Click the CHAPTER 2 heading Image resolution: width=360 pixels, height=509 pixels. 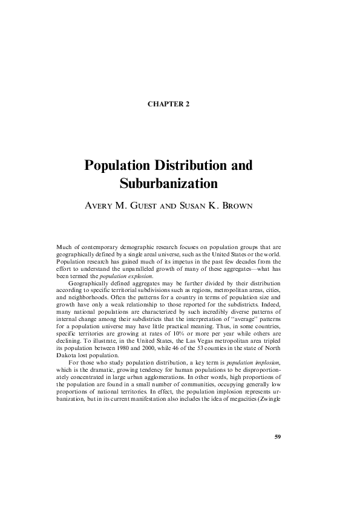(168, 104)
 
